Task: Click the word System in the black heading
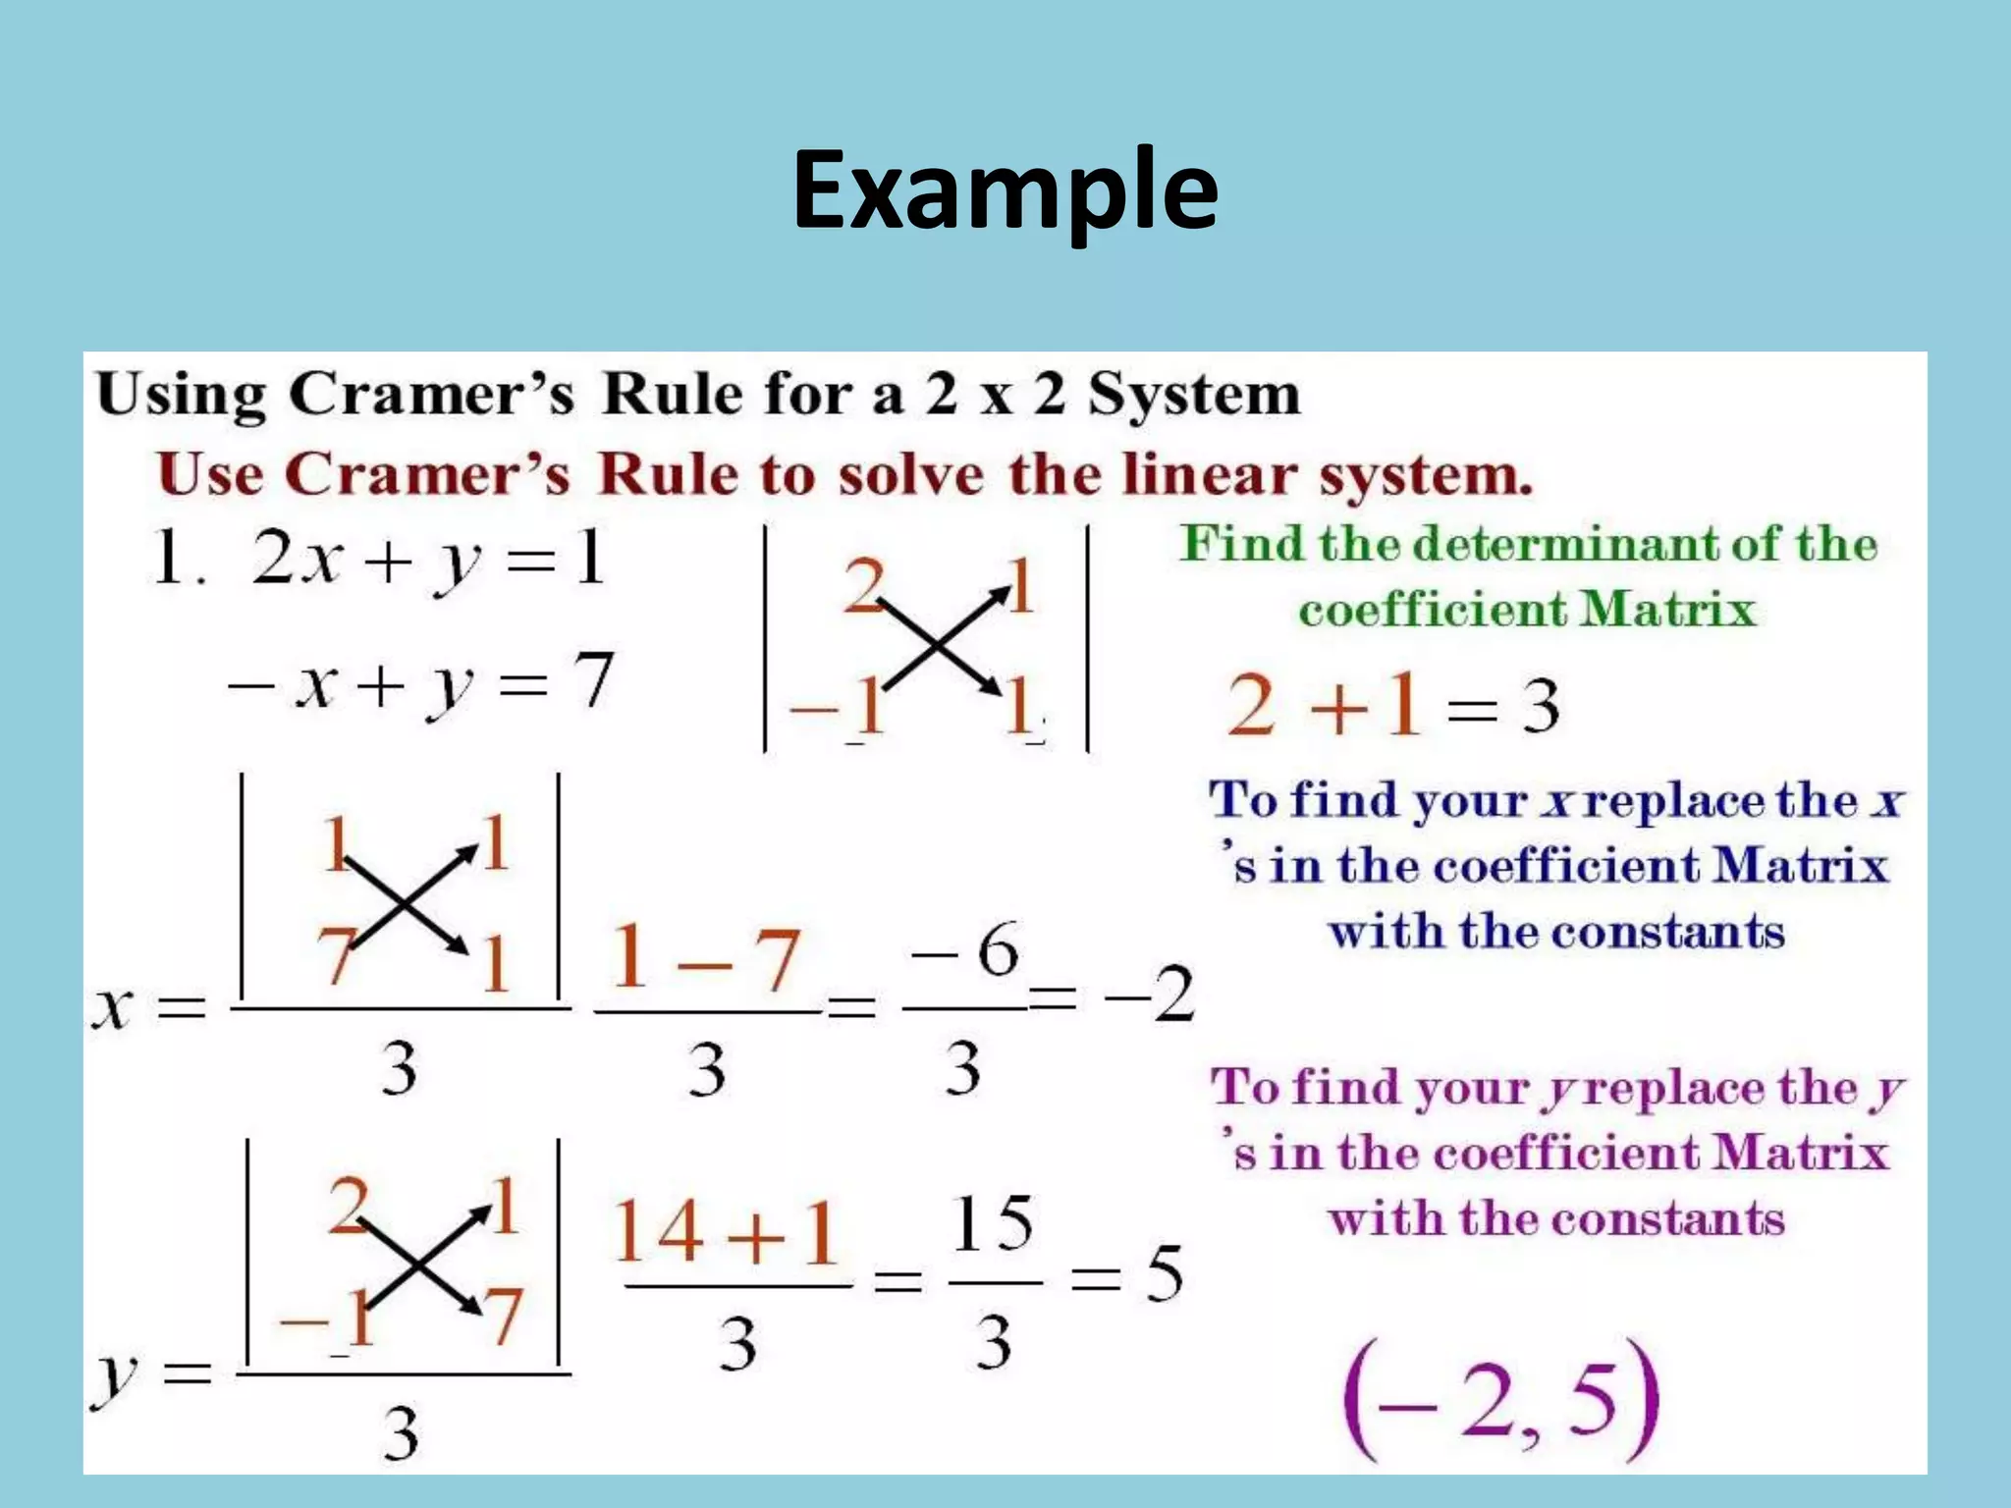pyautogui.click(x=1193, y=395)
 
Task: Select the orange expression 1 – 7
pyautogui.click(x=705, y=960)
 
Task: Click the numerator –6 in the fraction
pyautogui.click(x=966, y=950)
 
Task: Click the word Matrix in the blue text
pyautogui.click(x=1801, y=866)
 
